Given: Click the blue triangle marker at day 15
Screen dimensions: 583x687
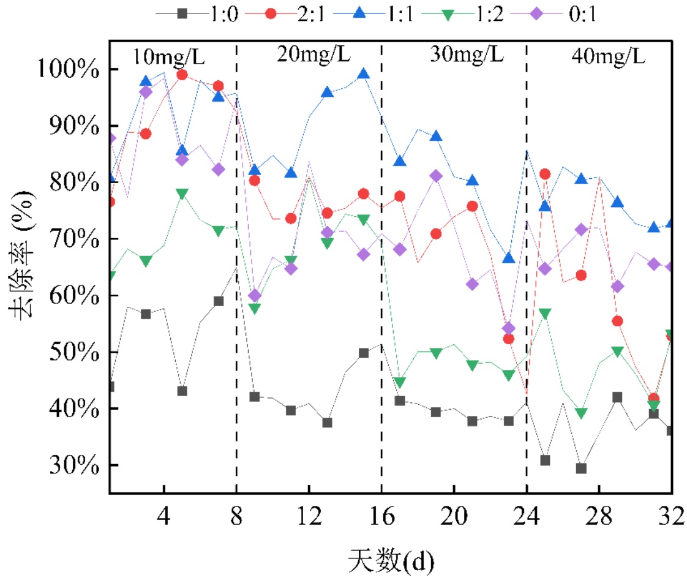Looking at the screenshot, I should [x=363, y=74].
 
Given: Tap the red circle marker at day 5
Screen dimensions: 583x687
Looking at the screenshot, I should [x=182, y=75].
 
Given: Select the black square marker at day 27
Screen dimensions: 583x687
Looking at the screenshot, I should [x=581, y=468].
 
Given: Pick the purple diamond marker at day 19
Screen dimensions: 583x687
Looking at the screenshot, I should [x=436, y=176].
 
